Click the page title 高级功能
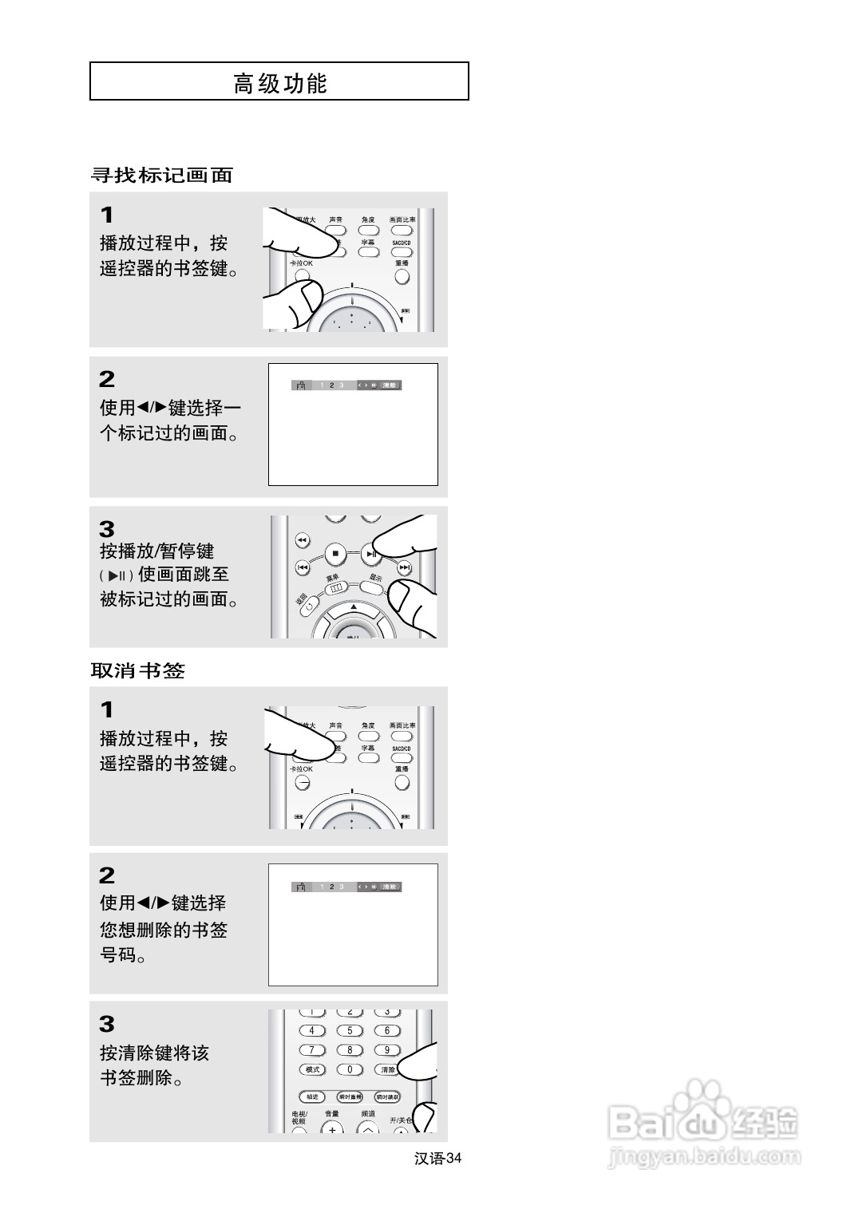pos(279,82)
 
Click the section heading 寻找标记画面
pos(161,176)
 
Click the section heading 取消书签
pos(137,671)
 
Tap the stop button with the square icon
pos(335,552)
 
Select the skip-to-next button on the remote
pos(405,567)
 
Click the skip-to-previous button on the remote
pos(303,567)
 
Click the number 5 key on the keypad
pos(350,1030)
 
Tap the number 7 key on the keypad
pos(312,1050)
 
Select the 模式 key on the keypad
pos(312,1069)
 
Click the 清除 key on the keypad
pos(388,1069)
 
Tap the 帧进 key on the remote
pos(312,1097)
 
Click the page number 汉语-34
pos(438,1159)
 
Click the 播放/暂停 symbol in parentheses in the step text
pos(117,575)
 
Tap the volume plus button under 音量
pos(332,1128)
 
